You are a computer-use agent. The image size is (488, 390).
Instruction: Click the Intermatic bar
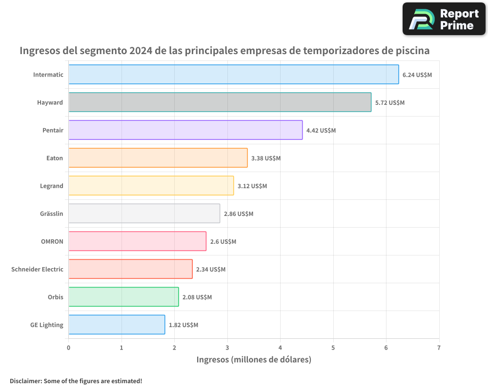click(x=233, y=75)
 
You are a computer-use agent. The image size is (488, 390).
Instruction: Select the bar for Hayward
click(x=220, y=102)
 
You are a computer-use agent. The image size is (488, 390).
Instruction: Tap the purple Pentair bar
click(x=185, y=130)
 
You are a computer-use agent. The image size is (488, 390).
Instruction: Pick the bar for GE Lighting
click(x=117, y=325)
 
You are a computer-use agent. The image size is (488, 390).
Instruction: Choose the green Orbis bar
click(x=123, y=297)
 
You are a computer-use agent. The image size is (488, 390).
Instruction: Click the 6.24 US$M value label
click(x=417, y=75)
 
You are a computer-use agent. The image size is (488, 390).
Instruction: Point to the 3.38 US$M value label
click(x=266, y=158)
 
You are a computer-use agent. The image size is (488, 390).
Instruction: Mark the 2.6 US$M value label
click(x=223, y=242)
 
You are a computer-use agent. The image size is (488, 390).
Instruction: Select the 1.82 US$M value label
click(x=183, y=325)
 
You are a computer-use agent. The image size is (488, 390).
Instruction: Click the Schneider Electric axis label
click(x=37, y=269)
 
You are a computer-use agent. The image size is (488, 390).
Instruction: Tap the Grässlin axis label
click(x=51, y=214)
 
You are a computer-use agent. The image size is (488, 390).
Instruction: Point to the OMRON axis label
click(x=52, y=241)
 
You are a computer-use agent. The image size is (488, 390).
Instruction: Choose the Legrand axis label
click(x=51, y=186)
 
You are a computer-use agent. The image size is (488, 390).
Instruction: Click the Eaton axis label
click(x=55, y=158)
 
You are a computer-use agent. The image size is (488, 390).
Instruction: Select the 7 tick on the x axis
click(x=439, y=348)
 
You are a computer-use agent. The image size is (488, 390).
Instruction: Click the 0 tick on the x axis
click(x=68, y=348)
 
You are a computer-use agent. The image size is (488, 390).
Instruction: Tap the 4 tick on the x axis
click(x=280, y=348)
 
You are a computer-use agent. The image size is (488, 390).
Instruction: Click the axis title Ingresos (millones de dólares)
click(x=254, y=360)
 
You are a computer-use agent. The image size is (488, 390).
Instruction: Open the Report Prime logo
click(x=444, y=19)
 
